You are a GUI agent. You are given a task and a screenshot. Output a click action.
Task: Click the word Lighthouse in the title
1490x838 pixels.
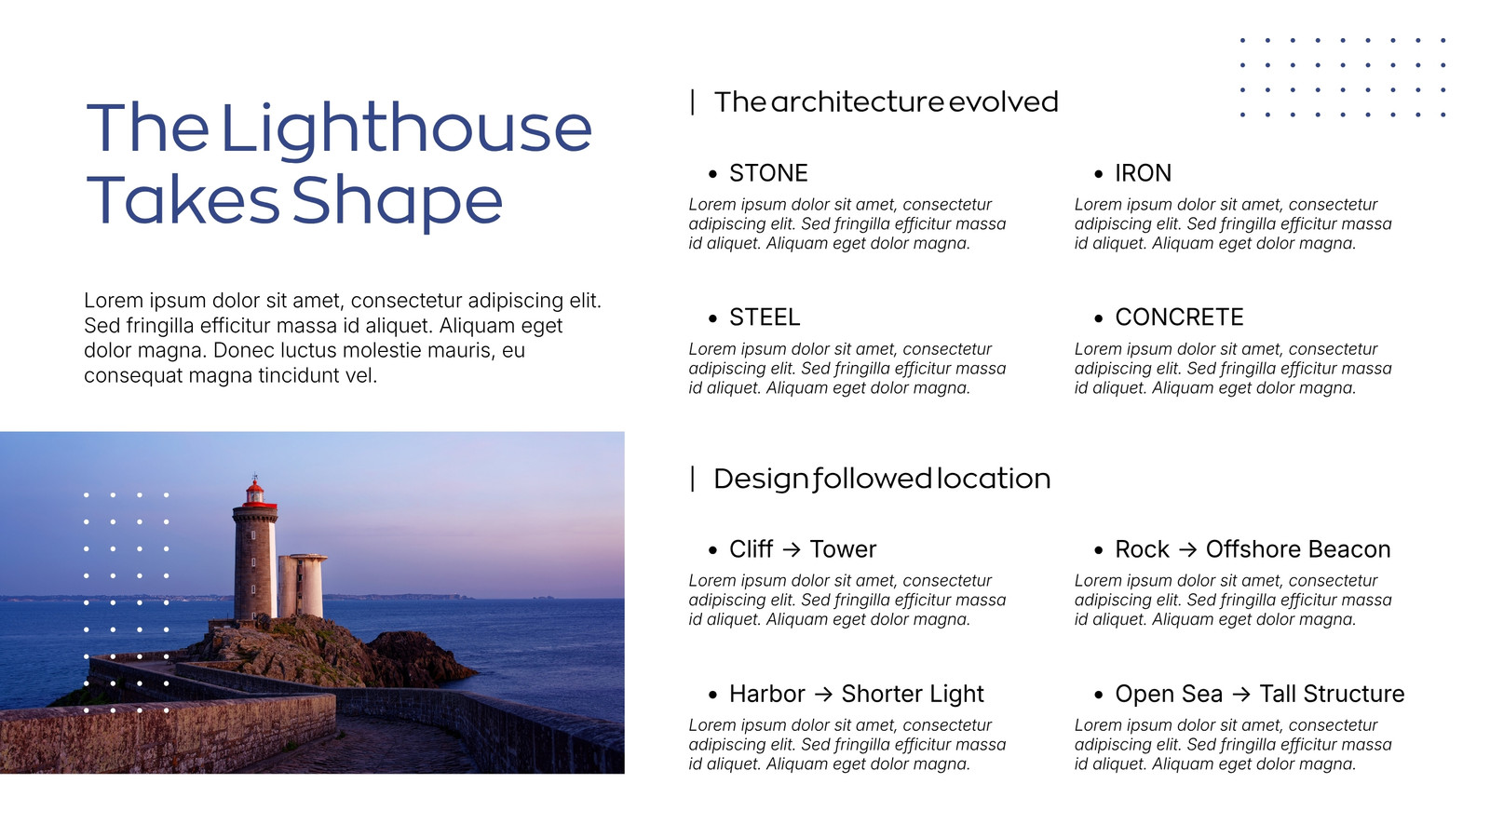(x=406, y=130)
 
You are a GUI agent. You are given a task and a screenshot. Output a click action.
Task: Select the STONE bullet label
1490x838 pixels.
(x=768, y=173)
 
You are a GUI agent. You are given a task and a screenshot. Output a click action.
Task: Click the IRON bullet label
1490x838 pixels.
(x=1143, y=173)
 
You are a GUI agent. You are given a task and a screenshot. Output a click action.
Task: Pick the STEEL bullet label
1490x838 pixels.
(x=765, y=318)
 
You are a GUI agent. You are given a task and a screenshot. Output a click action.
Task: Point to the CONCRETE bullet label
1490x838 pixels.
(x=1179, y=318)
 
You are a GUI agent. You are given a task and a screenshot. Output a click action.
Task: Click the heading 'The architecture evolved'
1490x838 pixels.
(x=886, y=102)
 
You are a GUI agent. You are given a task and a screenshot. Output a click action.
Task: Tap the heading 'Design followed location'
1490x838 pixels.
(x=882, y=480)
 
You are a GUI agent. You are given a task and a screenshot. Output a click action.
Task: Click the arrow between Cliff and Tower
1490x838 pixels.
(x=791, y=550)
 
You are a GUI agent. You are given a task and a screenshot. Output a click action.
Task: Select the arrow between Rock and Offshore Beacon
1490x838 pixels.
(x=1187, y=550)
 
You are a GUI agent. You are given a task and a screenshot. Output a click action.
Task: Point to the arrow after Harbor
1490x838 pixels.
(x=823, y=695)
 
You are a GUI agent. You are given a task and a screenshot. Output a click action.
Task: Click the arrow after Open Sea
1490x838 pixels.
(x=1241, y=695)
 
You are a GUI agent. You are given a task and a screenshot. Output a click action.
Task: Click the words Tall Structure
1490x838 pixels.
(x=1332, y=695)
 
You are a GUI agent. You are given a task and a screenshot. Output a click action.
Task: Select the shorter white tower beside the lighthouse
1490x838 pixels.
(x=302, y=586)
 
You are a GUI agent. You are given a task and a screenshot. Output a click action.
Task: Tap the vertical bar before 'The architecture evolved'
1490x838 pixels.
(x=693, y=102)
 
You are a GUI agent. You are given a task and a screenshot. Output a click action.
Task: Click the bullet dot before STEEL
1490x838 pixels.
(x=713, y=318)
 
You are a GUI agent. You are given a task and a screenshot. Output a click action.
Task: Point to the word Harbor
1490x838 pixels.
(x=767, y=695)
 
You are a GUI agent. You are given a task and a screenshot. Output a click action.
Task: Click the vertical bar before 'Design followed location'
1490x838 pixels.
(x=693, y=480)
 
